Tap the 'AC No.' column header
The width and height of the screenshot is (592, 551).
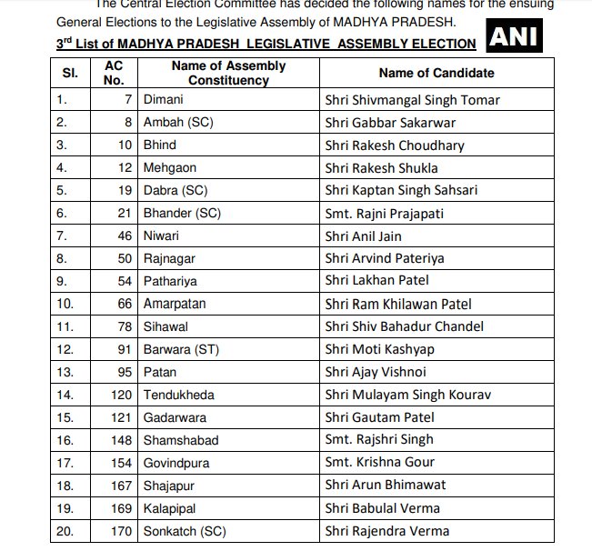[114, 73]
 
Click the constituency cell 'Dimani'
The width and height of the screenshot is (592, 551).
[164, 100]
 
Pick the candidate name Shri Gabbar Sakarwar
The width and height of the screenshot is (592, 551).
[390, 123]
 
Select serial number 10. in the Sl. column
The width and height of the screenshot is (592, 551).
[66, 304]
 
